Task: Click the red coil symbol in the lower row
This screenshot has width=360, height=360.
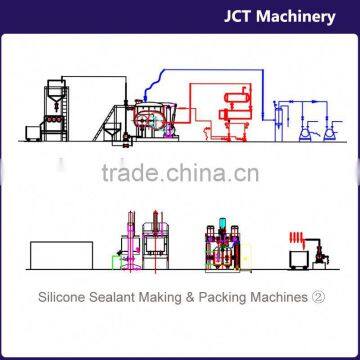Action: (297, 238)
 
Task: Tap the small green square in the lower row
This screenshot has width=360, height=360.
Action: (117, 262)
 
